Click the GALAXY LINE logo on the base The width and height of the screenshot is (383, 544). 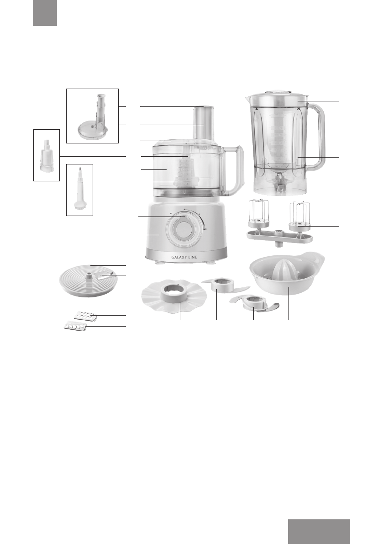[x=183, y=256]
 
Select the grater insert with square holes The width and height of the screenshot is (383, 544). [x=85, y=315]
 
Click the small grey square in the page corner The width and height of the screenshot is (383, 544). [x=45, y=13]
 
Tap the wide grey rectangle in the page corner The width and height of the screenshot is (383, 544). [x=319, y=531]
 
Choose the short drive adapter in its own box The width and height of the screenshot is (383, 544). [x=47, y=155]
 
